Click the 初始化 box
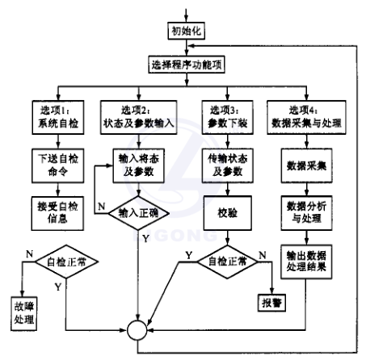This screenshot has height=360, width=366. coord(188,31)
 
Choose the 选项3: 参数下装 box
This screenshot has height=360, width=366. coord(228,115)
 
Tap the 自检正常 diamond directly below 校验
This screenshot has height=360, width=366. coord(228,262)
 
